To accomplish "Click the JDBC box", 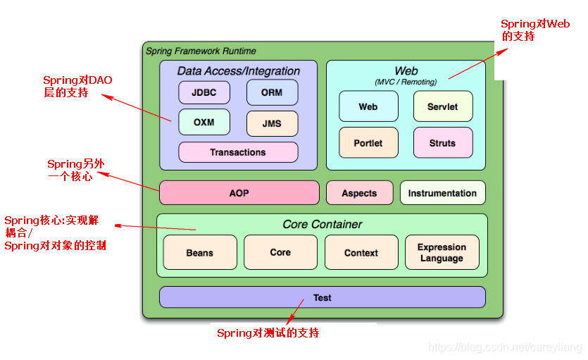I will click(x=204, y=92).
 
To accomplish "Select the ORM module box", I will click(x=272, y=92).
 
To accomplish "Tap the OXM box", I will click(x=204, y=122).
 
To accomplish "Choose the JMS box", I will click(x=272, y=123).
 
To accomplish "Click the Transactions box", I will click(x=238, y=152).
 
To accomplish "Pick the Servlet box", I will click(x=442, y=106).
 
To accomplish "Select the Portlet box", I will click(x=368, y=143).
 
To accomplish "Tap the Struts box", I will click(x=442, y=143).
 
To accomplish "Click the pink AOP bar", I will click(x=239, y=193).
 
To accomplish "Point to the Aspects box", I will click(x=359, y=193).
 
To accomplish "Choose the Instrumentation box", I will click(x=442, y=193).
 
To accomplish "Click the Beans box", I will click(x=200, y=253).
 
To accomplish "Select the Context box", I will click(x=361, y=253).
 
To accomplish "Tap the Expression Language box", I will click(x=442, y=253).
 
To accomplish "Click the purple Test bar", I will click(x=323, y=297).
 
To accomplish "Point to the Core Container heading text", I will click(x=323, y=225).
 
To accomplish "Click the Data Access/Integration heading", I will click(x=238, y=71).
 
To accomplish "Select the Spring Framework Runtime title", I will click(x=201, y=51).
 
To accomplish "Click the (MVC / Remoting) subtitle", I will click(x=406, y=82).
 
